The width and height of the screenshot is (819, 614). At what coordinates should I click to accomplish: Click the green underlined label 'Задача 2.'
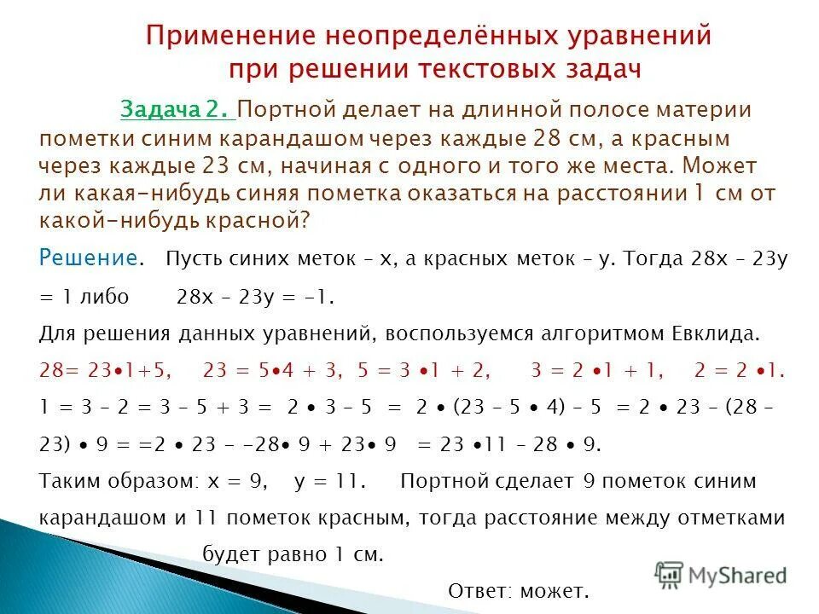(x=177, y=110)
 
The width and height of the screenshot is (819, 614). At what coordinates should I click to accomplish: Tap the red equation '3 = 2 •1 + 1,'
(x=598, y=370)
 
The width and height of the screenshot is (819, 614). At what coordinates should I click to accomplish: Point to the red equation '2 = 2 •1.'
(x=739, y=370)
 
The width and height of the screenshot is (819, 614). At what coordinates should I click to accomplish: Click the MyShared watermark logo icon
(x=669, y=574)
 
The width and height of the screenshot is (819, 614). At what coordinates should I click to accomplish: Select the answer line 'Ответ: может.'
(x=519, y=590)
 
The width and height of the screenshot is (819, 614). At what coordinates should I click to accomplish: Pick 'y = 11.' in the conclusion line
(x=329, y=481)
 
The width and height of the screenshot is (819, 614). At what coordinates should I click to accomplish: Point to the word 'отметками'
(x=735, y=518)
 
